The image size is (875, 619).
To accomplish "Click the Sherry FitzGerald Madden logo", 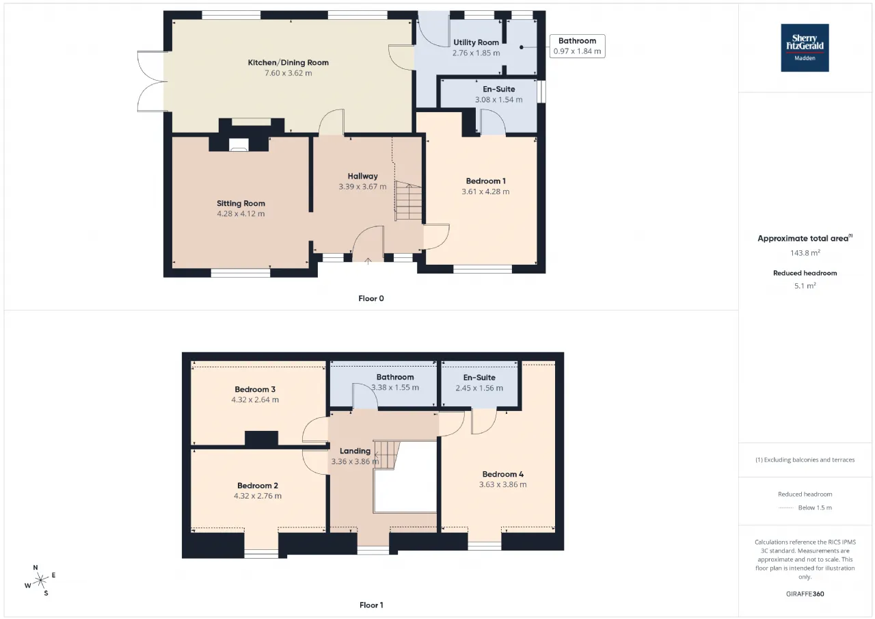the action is [x=805, y=48].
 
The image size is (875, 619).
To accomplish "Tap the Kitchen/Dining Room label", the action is [x=288, y=62].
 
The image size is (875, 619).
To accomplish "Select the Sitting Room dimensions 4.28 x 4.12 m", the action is [x=241, y=214].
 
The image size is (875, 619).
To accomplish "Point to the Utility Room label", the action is [x=476, y=42].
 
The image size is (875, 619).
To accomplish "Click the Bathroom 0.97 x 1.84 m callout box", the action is [x=578, y=46].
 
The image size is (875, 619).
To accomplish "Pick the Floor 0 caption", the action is [x=371, y=299].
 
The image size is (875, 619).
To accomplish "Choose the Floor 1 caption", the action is [x=371, y=605].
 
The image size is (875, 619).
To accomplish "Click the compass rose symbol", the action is [x=40, y=580].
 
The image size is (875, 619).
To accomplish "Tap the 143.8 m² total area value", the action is [x=805, y=253].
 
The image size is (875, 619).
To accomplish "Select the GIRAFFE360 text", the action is [x=805, y=594].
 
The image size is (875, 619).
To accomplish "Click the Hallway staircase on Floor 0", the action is [x=408, y=201].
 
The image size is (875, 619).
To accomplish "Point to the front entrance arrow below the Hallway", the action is [x=368, y=261].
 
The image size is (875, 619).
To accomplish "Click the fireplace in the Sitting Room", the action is [x=239, y=144].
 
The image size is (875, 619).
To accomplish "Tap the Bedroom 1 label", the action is [x=485, y=181].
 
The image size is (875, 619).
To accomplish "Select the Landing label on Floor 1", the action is [x=355, y=451].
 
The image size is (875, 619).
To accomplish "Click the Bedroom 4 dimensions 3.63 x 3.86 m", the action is [x=502, y=484].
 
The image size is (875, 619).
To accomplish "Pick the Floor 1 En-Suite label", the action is [x=479, y=378].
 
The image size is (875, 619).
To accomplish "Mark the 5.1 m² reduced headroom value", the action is [x=805, y=286].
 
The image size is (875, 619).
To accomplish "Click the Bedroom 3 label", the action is [x=255, y=389].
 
